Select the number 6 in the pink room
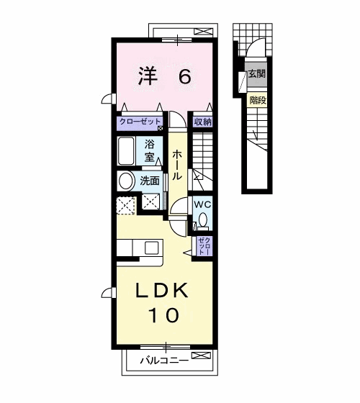pos(184,76)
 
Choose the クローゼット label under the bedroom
pos(140,122)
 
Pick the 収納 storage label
pos(202,122)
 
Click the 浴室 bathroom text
pos(150,149)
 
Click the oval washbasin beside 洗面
pos(125,180)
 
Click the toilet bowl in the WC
pos(202,219)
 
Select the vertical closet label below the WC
pos(203,246)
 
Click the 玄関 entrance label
pos(256,73)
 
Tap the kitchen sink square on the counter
pos(151,248)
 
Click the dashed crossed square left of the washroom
pos(126,205)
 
